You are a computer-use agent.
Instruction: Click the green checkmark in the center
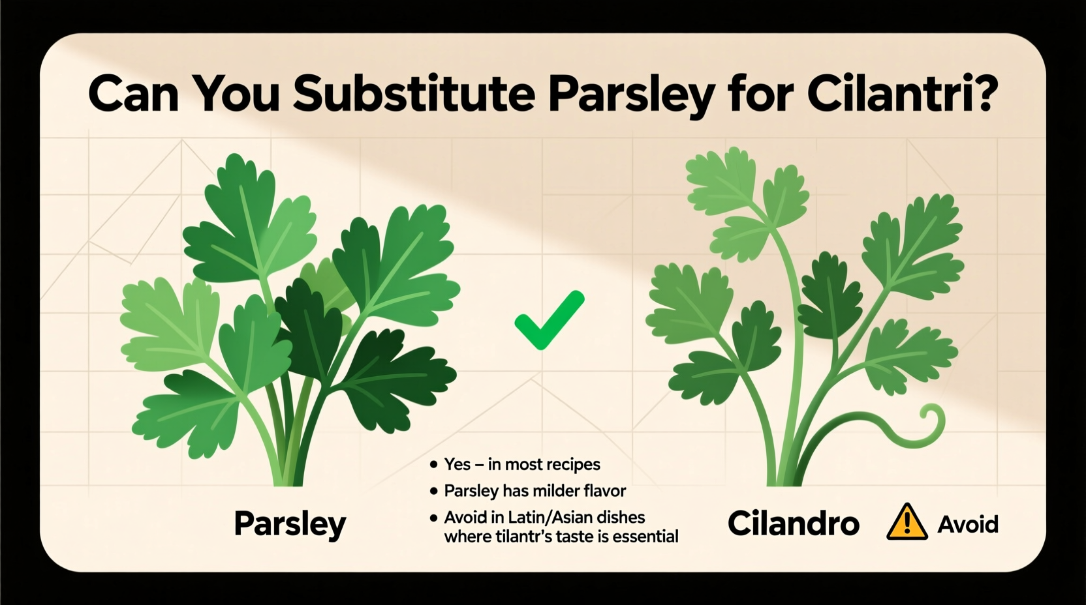pos(549,319)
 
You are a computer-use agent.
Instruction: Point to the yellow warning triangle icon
pos(907,523)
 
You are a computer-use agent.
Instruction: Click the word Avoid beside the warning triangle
pos(968,524)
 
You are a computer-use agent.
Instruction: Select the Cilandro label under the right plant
pos(793,524)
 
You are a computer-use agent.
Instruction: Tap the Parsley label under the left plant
pos(290,524)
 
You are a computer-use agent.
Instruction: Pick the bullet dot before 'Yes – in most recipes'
pos(433,465)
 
